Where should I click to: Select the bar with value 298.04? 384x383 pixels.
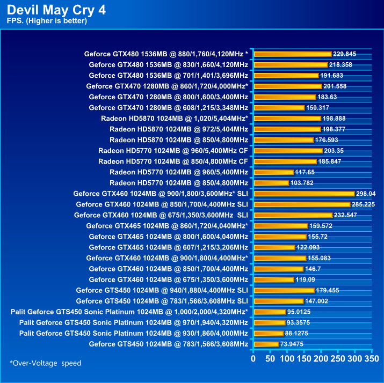[304, 193]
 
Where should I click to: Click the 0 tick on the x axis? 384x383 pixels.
[254, 358]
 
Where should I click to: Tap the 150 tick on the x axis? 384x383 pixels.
[304, 358]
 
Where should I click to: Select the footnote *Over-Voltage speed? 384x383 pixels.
[46, 363]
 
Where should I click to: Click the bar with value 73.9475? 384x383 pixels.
[266, 344]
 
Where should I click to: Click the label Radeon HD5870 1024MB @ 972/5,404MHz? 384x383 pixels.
[178, 129]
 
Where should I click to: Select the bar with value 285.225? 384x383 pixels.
[302, 204]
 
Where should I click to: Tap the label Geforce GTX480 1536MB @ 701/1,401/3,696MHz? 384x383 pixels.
[168, 75]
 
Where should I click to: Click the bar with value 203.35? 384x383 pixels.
[288, 150]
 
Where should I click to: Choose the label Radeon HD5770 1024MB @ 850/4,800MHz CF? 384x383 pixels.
[173, 161]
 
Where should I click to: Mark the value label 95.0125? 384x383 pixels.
[300, 312]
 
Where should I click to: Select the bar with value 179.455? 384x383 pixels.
[284, 290]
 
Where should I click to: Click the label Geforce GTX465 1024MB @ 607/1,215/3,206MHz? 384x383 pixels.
[168, 247]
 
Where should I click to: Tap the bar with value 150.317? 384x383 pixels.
[279, 107]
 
